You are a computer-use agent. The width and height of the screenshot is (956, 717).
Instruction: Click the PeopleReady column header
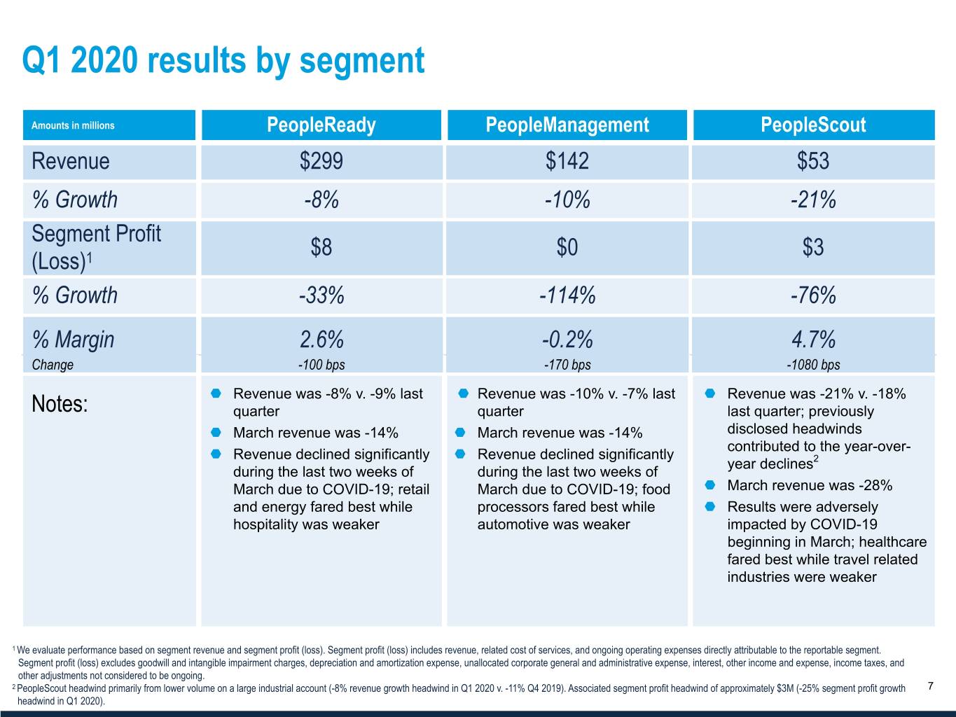[321, 125]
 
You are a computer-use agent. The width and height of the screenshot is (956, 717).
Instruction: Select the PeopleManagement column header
[567, 125]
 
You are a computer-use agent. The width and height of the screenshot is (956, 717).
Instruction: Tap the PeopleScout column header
[813, 125]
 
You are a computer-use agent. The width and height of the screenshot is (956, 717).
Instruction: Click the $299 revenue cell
[321, 161]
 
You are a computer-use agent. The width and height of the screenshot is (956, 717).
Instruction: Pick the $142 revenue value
[567, 161]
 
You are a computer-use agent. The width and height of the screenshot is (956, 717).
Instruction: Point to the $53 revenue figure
[813, 161]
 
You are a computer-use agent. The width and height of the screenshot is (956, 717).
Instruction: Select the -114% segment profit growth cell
[567, 295]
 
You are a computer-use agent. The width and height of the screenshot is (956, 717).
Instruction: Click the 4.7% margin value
[813, 340]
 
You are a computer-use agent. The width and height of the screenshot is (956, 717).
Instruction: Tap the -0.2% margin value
[567, 340]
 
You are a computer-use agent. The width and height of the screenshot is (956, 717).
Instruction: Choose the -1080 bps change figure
[813, 365]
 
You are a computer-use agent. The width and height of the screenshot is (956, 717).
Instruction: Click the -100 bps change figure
[321, 365]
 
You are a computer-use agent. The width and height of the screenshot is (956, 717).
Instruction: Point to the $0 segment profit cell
[567, 247]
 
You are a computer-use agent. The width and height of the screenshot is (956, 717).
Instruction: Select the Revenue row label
[71, 161]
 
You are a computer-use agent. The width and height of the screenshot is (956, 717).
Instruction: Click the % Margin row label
[73, 340]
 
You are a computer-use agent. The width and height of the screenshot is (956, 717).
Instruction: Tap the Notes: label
[60, 404]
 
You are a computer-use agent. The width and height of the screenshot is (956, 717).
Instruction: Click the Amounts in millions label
[73, 126]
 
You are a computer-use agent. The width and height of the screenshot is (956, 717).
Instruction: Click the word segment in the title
[362, 61]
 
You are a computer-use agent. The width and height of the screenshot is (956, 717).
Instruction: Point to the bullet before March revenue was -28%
[711, 485]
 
